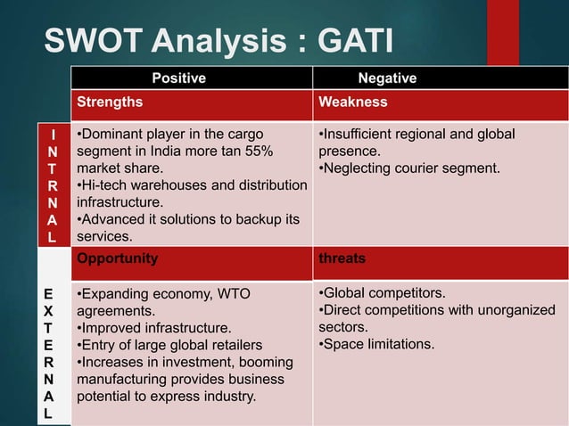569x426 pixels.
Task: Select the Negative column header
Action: [387, 78]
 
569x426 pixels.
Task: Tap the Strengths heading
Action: [110, 102]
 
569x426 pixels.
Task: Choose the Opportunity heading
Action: [118, 258]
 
